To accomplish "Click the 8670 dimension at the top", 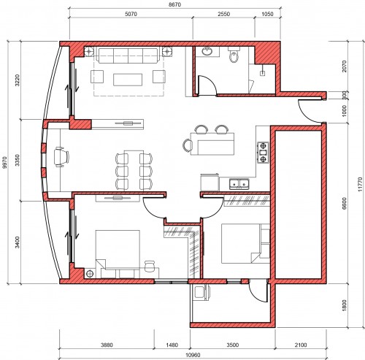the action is tap(175, 4).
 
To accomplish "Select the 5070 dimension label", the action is tap(131, 14).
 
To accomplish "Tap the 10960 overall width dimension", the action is tap(193, 355).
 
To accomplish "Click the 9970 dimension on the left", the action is tap(4, 162).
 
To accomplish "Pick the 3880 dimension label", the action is tap(107, 345).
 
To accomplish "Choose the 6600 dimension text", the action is tap(344, 204).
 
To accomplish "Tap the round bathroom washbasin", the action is tap(207, 51).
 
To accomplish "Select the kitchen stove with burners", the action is tap(263, 153).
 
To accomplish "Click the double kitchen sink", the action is tap(239, 184).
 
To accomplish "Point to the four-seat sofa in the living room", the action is tap(128, 55).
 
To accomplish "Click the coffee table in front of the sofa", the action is tap(128, 80).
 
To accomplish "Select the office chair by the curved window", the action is tap(61, 157).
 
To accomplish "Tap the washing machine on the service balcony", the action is tap(201, 292).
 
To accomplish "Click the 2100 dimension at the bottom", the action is tap(301, 345).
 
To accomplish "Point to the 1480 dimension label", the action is tap(172, 345).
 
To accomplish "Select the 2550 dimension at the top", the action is tap(223, 14).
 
